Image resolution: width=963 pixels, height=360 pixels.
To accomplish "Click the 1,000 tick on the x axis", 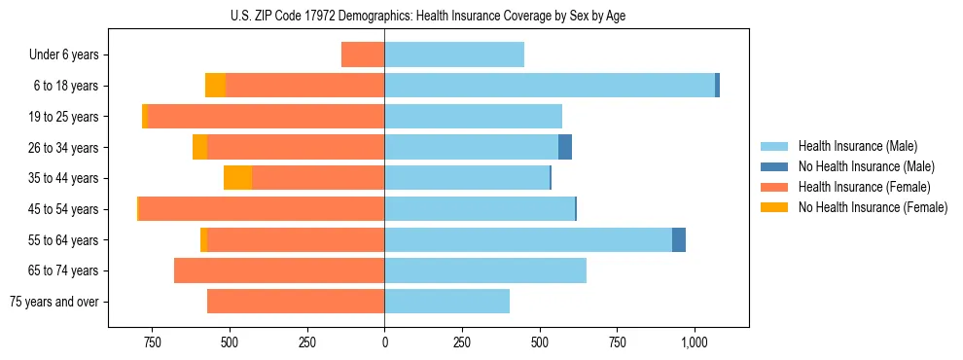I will pos(695,342).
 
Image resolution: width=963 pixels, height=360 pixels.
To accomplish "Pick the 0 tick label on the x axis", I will pos(384,342).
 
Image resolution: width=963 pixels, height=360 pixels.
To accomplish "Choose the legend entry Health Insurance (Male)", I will pos(856,146).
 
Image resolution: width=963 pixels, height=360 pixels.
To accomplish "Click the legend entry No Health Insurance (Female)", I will pos(873,207).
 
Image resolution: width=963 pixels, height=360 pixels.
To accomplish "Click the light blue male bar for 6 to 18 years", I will pos(550,86).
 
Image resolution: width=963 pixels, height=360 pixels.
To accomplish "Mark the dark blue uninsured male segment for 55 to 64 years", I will pos(679,239).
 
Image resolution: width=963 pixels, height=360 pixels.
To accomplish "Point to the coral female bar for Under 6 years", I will pos(363,54).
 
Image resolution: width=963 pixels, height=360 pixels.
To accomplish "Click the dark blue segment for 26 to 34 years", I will pos(565,147).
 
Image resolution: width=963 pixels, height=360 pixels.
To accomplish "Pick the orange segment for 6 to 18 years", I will pos(215,86).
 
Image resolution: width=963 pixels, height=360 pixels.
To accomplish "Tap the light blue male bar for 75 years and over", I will pos(446,302).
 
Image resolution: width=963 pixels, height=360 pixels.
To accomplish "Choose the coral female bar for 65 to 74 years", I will pos(279,270).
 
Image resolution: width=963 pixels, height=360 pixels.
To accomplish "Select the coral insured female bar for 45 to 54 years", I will pos(262,209).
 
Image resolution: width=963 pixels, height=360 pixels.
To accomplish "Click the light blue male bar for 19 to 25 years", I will pos(473,117).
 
